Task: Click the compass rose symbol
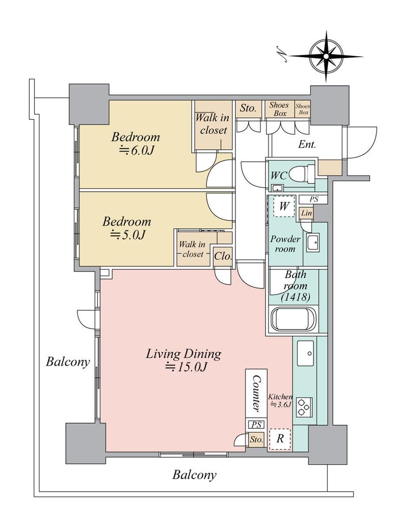tap(326, 56)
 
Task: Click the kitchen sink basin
tap(305, 353)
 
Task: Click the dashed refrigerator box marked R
tap(280, 438)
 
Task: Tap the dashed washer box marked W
tap(284, 206)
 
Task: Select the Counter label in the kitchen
tap(256, 393)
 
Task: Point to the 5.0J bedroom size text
tap(128, 235)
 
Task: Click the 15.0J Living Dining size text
tap(184, 367)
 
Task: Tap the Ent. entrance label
tap(307, 144)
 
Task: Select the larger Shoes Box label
tap(279, 109)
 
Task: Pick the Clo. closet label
tap(223, 257)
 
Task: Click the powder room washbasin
tap(312, 243)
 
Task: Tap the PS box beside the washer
tap(314, 199)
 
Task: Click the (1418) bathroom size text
tap(296, 297)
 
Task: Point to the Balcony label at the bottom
tap(195, 475)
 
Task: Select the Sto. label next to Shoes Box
tap(248, 108)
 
